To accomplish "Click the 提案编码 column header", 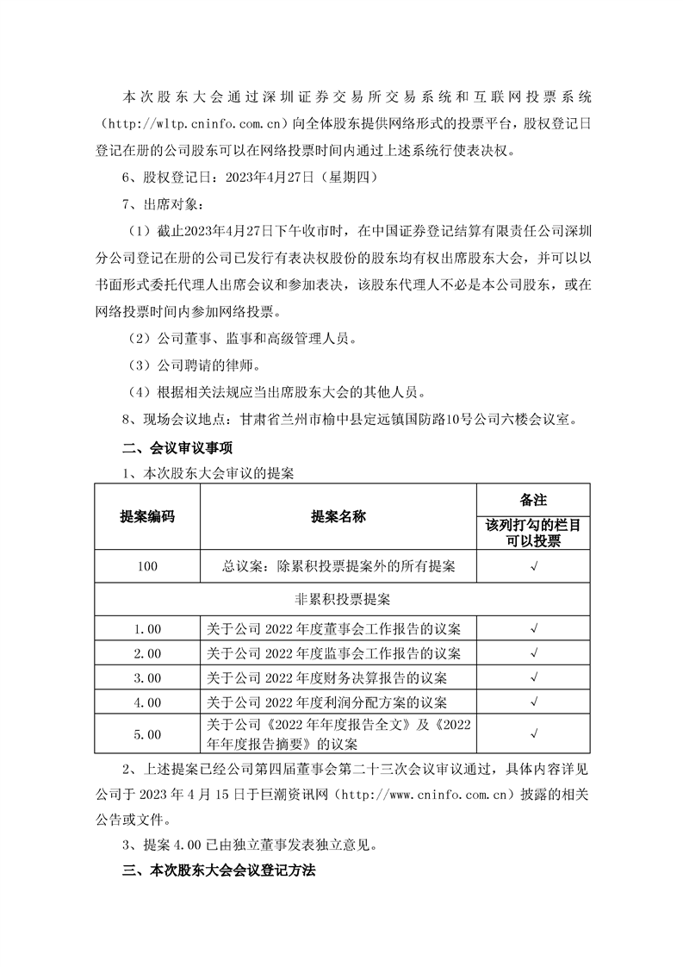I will (x=146, y=517).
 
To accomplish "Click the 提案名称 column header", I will (x=338, y=517).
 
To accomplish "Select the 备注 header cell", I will (x=534, y=500).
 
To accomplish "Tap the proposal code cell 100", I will (x=147, y=566).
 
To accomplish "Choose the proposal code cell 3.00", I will (x=147, y=677).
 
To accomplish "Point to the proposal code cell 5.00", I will (x=147, y=734).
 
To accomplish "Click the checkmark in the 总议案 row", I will (x=534, y=566).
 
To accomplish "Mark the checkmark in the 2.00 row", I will (x=534, y=652).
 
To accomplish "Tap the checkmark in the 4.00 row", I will (x=534, y=702).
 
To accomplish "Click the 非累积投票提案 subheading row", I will (x=342, y=597).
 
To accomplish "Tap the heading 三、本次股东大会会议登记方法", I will (x=220, y=870).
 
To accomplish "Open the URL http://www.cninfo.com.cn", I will (x=431, y=792).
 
